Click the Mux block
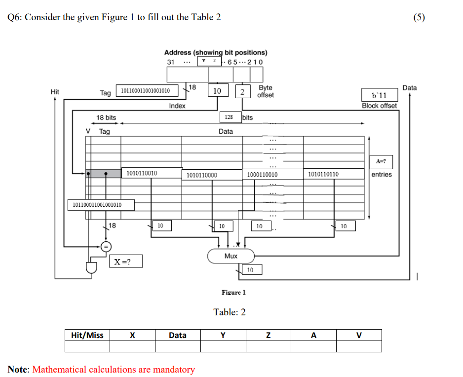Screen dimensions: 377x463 [x=231, y=256]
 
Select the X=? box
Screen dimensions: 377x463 [x=126, y=261]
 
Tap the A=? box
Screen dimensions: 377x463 [x=381, y=161]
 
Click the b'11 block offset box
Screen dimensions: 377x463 [x=379, y=95]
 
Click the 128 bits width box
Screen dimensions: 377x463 [x=229, y=117]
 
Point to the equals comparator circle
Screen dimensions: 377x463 [x=106, y=246]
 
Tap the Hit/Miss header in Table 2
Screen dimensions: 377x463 [x=87, y=335]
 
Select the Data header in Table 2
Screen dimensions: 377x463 [x=178, y=335]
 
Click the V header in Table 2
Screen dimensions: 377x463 [x=359, y=335]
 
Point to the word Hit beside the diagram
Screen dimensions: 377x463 [x=55, y=91]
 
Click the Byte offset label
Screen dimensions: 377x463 [x=266, y=91]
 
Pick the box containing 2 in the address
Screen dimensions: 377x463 [x=242, y=91]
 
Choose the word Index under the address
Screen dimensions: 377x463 [x=177, y=106]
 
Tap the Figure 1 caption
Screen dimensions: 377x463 [x=233, y=292]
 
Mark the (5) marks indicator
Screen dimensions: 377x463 [x=419, y=17]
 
